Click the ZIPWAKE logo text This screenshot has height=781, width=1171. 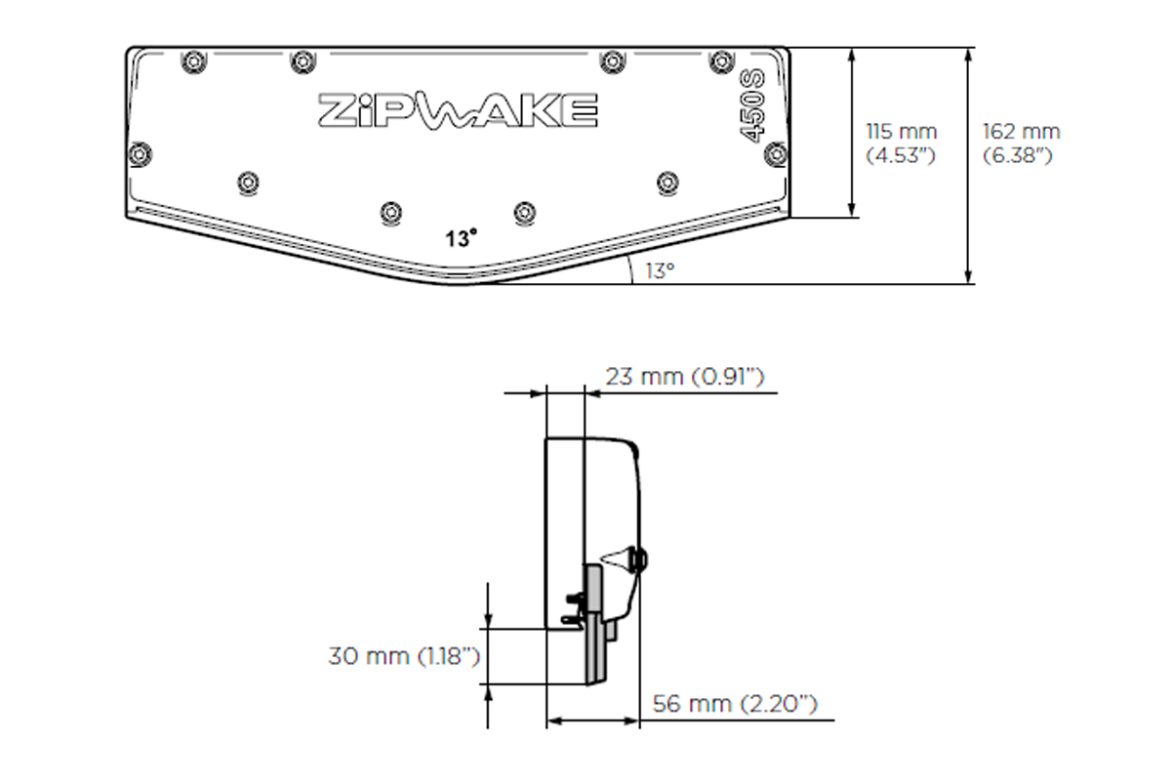click(x=458, y=110)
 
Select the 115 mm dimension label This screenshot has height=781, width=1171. click(x=902, y=132)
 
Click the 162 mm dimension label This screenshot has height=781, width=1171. click(x=1021, y=132)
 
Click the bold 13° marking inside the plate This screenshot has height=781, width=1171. click(x=463, y=238)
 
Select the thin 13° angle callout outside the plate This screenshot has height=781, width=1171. click(x=659, y=271)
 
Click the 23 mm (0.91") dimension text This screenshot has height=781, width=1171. click(x=683, y=377)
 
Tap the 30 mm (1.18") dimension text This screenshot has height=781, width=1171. click(x=404, y=656)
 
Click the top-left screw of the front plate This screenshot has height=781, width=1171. click(x=193, y=59)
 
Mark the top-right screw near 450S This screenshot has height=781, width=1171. click(x=721, y=59)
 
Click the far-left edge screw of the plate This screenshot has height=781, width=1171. click(x=141, y=153)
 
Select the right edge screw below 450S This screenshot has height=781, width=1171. click(x=776, y=152)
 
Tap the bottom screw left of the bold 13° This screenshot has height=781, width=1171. click(x=391, y=211)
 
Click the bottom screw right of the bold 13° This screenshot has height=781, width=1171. click(x=526, y=211)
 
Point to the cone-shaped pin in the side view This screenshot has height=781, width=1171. click(x=619, y=559)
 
